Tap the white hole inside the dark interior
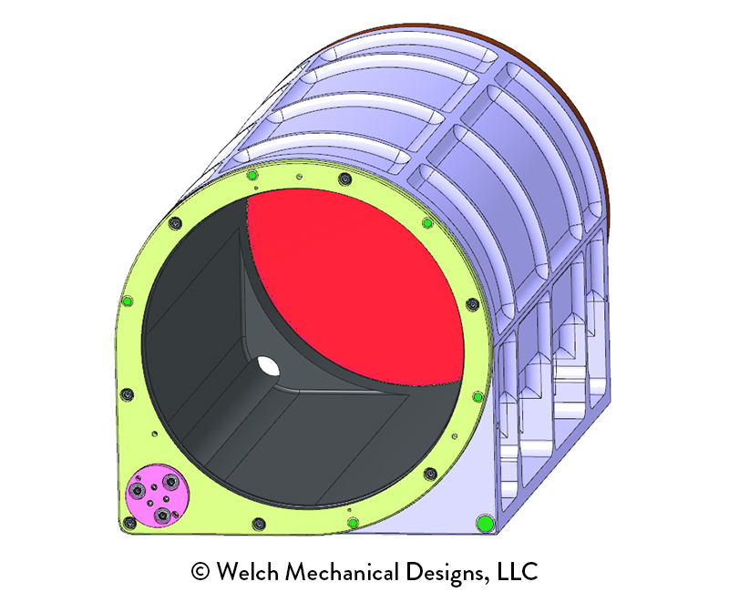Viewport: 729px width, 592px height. pyautogui.click(x=268, y=366)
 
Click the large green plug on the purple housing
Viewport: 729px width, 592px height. pyautogui.click(x=485, y=522)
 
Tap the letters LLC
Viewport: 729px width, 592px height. pyautogui.click(x=519, y=572)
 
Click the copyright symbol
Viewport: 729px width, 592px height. pyautogui.click(x=200, y=572)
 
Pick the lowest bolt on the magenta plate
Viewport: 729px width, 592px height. pyautogui.click(x=162, y=516)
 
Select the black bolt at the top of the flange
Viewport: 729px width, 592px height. pyautogui.click(x=343, y=177)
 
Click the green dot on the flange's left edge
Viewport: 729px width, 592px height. pyautogui.click(x=127, y=301)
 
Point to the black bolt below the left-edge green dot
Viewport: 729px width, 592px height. pyautogui.click(x=126, y=394)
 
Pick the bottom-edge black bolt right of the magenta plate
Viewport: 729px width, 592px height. pyautogui.click(x=260, y=524)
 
